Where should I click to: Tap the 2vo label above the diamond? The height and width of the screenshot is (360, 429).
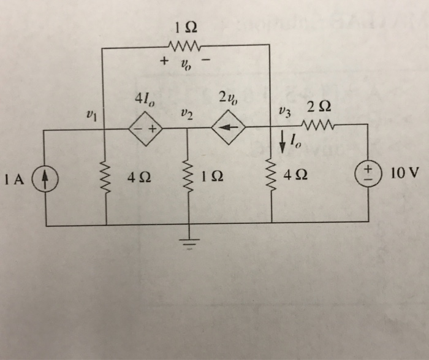(x=227, y=98)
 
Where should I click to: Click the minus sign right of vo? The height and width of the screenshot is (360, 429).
(x=205, y=61)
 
